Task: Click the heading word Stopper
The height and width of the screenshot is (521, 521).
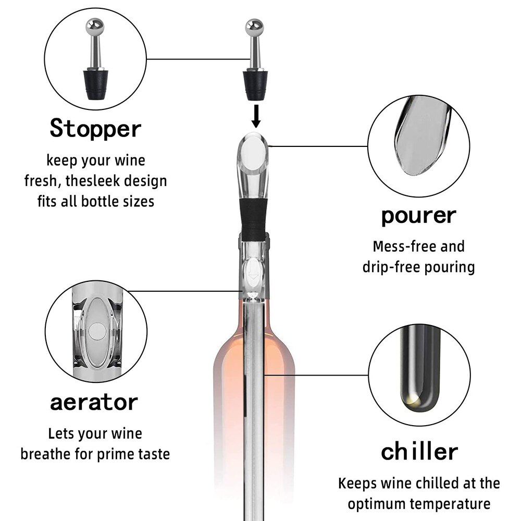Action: [95, 128]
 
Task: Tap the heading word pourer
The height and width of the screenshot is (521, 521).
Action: [419, 216]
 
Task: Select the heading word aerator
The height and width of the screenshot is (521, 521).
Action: [94, 403]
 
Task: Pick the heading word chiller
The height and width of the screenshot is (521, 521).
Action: [419, 451]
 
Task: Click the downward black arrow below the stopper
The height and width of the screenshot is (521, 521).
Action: [256, 116]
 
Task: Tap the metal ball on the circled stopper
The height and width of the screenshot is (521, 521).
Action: [95, 27]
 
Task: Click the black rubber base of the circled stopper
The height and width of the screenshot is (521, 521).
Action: [95, 84]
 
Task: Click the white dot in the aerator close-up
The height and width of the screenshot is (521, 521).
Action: [97, 331]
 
